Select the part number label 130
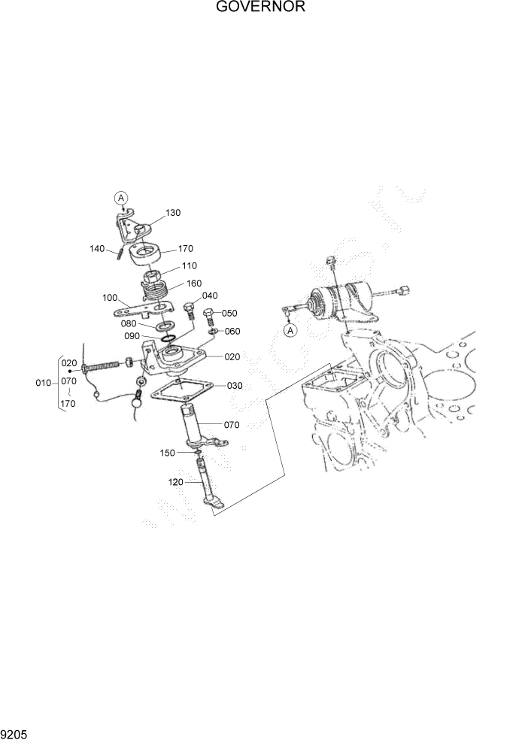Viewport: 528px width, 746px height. point(173,213)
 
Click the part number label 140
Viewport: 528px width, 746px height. point(97,249)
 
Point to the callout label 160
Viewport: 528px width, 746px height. point(195,284)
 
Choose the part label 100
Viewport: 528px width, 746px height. point(110,298)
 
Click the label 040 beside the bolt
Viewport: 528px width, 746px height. point(210,296)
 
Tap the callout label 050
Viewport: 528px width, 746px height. point(229,313)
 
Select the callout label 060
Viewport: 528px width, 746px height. point(232,331)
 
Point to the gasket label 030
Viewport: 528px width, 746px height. point(235,385)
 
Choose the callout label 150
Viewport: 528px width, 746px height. point(167,453)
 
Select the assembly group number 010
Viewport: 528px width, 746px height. point(44,383)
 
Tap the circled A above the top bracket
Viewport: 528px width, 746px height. point(120,198)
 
